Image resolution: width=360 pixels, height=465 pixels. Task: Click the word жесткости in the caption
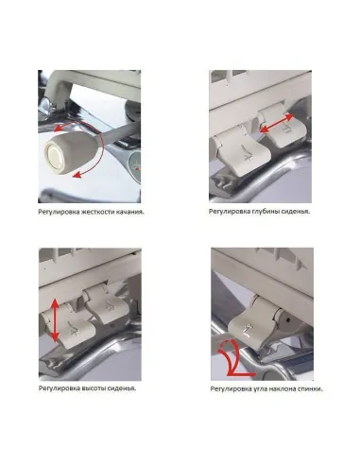pyautogui.click(x=96, y=225)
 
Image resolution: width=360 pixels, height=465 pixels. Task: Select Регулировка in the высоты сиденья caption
pyautogui.click(x=59, y=388)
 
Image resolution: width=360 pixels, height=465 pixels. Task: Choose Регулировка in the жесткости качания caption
pyautogui.click(x=59, y=225)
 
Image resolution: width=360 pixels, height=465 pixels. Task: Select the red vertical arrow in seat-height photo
pyautogui.click(x=55, y=320)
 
